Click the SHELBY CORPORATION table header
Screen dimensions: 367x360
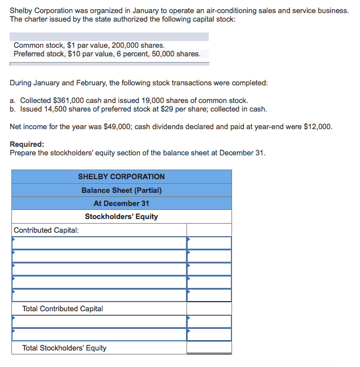(121, 176)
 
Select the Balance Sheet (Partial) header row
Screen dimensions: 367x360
(121, 190)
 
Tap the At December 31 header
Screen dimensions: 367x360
(121, 203)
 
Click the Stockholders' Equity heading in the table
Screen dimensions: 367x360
(121, 216)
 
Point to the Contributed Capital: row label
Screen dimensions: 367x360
(46, 230)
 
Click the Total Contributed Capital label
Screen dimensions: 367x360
(63, 308)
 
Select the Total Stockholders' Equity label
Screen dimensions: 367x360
(64, 348)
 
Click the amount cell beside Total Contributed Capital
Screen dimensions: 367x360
(209, 308)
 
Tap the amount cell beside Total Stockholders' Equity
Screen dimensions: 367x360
(209, 348)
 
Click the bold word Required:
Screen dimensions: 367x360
(27, 145)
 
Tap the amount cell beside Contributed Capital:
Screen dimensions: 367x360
(209, 230)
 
